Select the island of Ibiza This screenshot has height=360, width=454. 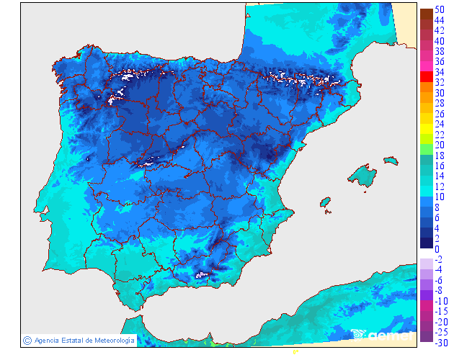326,203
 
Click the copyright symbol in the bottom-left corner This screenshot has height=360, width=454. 27,340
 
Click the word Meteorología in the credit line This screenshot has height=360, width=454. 110,340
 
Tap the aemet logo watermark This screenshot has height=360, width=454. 382,334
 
